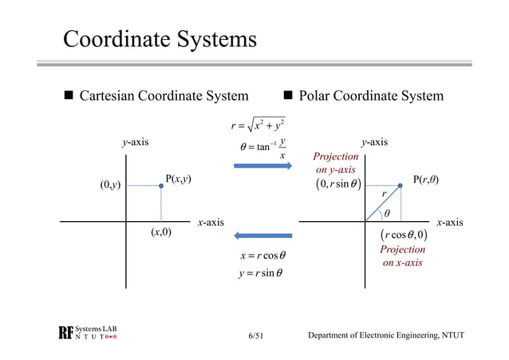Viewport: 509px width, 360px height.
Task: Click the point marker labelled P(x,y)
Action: click(161, 186)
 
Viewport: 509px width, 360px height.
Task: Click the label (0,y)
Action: click(110, 186)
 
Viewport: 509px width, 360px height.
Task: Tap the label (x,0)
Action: click(162, 232)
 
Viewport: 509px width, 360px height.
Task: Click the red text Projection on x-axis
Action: click(404, 256)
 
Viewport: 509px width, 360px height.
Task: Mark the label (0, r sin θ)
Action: click(337, 187)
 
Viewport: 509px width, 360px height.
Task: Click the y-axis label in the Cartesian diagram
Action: click(135, 143)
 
